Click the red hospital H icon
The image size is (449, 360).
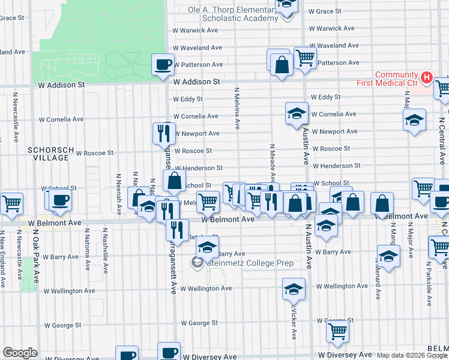point(426,77)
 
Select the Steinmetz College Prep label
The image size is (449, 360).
point(250,263)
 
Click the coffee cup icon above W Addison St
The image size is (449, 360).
point(163,64)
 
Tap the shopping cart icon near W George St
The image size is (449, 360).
point(338,329)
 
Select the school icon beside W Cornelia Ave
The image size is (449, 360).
point(297,113)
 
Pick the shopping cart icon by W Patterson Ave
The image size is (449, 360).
point(306,58)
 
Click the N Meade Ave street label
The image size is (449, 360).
point(273,163)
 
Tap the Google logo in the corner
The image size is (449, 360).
point(20,353)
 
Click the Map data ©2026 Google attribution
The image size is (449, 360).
point(412,355)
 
